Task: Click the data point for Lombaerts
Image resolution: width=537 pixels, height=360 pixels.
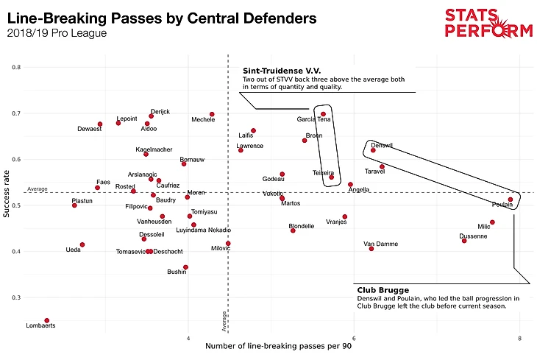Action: tap(46, 321)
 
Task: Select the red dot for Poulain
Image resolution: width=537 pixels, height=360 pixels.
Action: tap(511, 200)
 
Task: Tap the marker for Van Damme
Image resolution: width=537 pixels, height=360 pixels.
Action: tap(371, 249)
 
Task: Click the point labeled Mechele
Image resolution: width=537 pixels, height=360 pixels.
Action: tap(212, 115)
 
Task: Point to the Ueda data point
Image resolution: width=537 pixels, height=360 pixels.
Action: tap(82, 244)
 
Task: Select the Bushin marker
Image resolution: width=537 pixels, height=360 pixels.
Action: tap(185, 267)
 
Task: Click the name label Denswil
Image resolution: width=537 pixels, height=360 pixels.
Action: tap(382, 146)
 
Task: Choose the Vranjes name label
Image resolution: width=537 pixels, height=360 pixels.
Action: tap(336, 222)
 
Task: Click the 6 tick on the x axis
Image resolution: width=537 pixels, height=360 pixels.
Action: tap(354, 339)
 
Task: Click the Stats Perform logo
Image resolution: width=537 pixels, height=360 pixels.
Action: tap(488, 22)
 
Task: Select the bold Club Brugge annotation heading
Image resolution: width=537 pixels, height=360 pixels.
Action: tap(383, 290)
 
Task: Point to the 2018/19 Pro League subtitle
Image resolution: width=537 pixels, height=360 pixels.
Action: tap(56, 33)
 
